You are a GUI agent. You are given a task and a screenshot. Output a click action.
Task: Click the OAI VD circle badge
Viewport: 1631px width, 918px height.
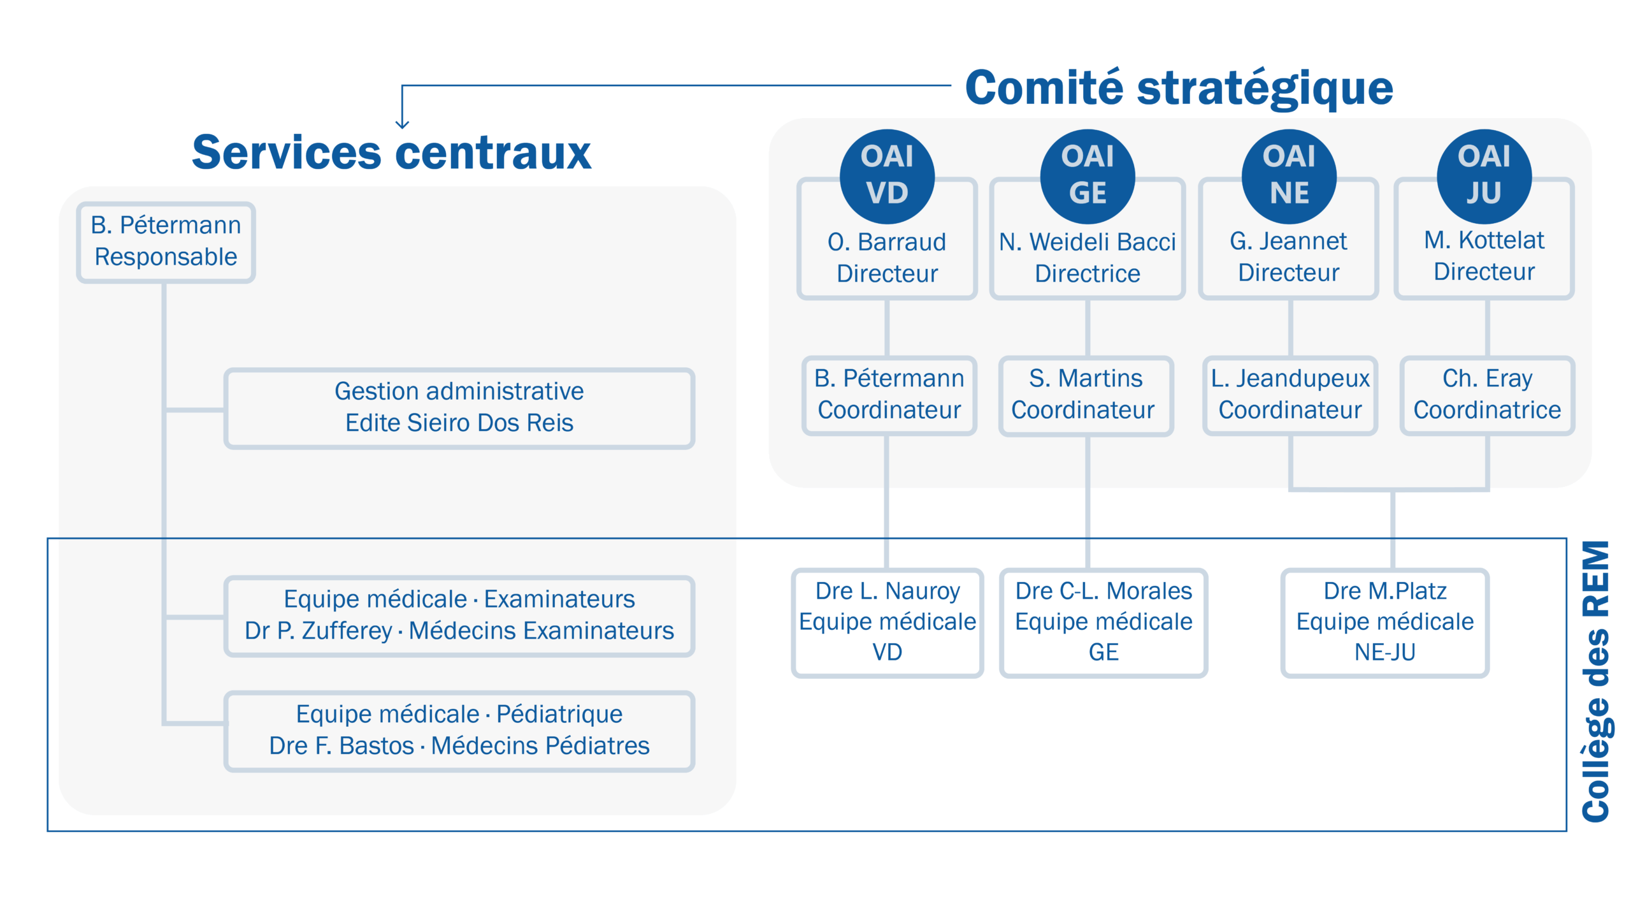coord(887,176)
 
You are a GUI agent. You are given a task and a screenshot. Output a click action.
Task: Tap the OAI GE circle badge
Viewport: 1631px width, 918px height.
coord(1087,176)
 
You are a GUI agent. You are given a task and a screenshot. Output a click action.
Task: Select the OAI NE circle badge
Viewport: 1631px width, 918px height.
coord(1288,176)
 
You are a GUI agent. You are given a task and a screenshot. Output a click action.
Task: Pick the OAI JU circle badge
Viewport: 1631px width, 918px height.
coord(1483,176)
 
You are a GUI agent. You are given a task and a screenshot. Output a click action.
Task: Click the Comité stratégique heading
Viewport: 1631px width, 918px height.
coord(1179,88)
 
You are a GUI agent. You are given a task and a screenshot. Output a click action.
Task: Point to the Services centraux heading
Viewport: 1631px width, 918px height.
coord(391,153)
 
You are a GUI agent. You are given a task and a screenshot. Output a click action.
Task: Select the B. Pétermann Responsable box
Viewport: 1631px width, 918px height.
coord(166,242)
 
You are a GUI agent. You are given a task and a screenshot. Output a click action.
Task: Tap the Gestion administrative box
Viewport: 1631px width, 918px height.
coord(459,408)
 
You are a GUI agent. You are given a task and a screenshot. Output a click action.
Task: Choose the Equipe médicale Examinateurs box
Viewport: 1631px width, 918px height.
coord(459,615)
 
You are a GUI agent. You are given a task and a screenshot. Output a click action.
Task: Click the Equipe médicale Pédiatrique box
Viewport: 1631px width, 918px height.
coord(459,731)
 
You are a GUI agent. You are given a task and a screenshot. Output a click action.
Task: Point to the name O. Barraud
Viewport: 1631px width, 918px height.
coord(887,242)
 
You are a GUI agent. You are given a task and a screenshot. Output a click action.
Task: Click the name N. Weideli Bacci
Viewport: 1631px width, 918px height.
coord(1087,242)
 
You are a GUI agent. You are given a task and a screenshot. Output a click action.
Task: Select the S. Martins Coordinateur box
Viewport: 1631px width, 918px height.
coord(1086,395)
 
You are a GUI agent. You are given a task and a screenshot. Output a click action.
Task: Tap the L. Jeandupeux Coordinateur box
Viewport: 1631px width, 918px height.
coord(1290,395)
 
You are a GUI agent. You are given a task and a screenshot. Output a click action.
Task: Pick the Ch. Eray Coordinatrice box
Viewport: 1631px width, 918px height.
coord(1487,395)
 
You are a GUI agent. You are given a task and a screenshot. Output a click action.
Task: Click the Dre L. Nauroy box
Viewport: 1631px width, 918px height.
coord(887,622)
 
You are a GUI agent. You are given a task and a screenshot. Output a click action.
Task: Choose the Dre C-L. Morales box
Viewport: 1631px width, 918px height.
coord(1103,622)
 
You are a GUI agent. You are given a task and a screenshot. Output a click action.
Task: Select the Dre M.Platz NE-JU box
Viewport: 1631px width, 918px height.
coord(1384,622)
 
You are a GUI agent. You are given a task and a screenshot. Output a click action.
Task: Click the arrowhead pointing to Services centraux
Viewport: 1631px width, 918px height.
coord(402,123)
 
